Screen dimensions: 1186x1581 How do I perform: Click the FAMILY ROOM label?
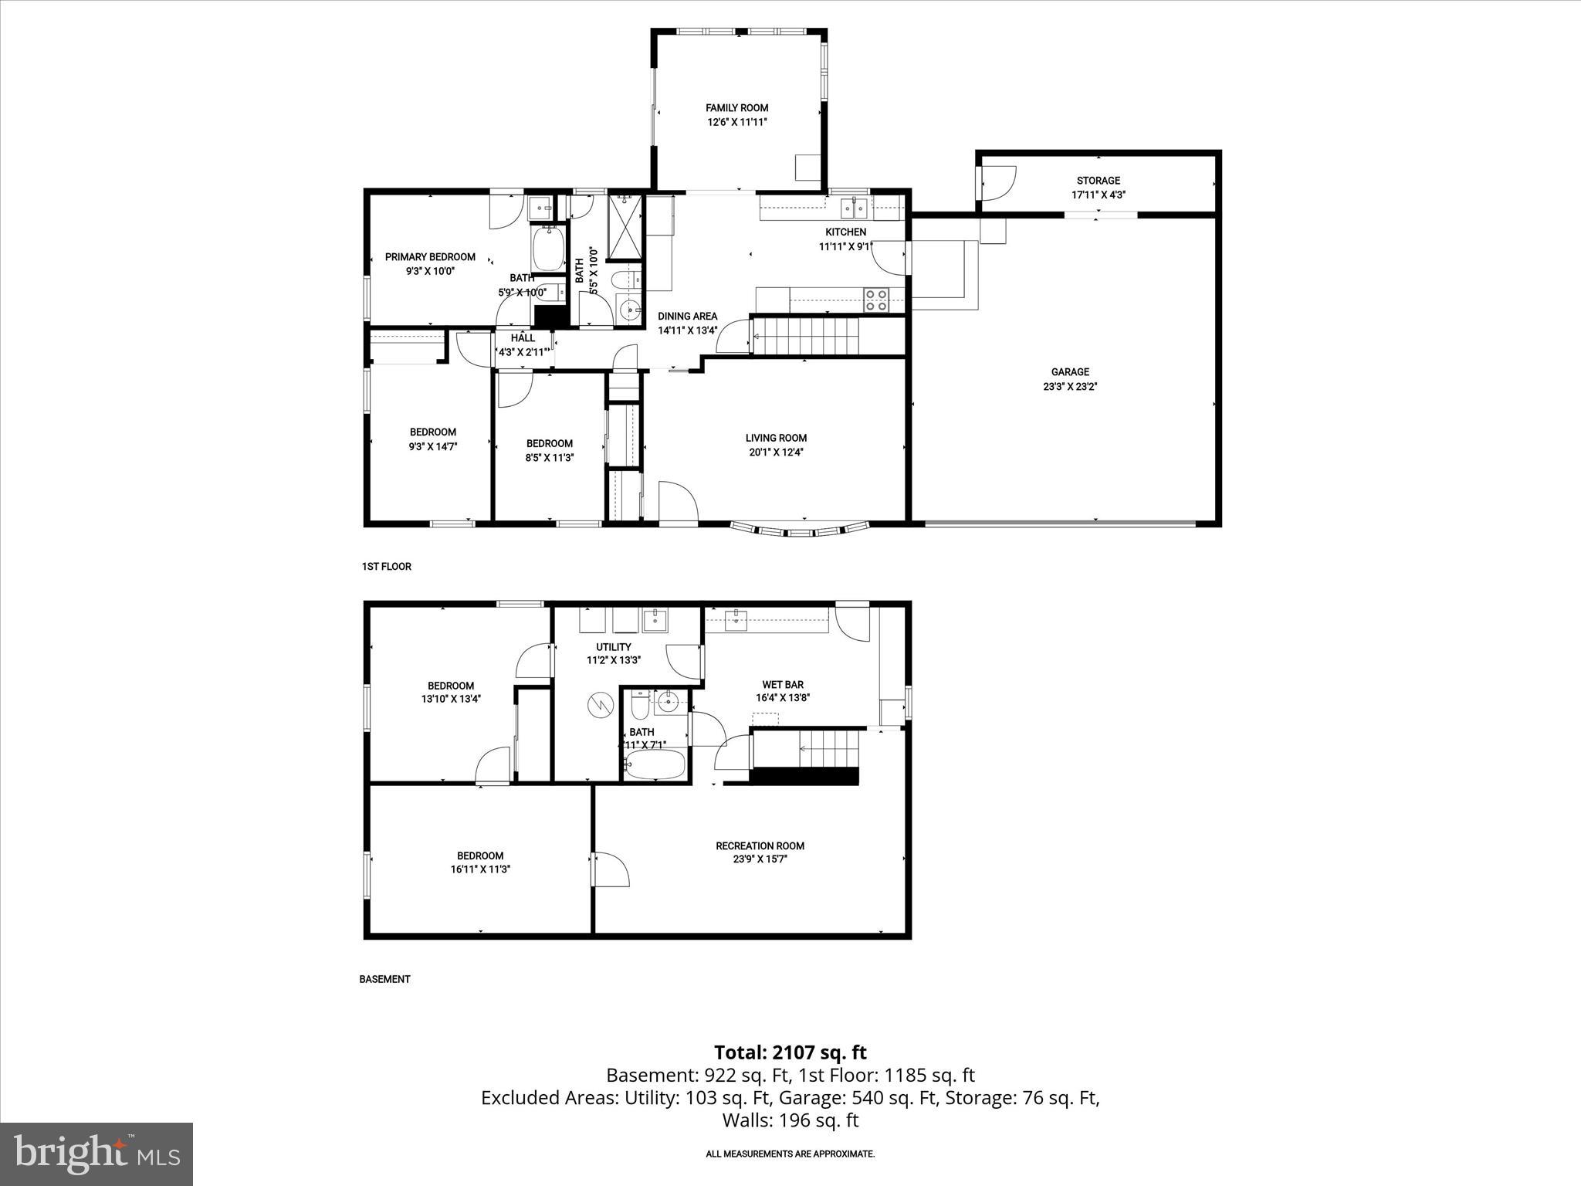click(x=736, y=108)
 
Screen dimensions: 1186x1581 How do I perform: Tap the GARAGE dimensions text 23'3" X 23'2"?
click(x=1070, y=386)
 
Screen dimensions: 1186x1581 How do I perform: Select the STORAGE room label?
click(x=1098, y=181)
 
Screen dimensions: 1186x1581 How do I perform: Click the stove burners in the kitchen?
click(x=877, y=300)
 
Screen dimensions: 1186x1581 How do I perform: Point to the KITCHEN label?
click(x=845, y=232)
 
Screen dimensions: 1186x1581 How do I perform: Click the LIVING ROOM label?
click(x=776, y=438)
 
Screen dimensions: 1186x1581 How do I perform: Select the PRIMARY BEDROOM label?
click(x=430, y=257)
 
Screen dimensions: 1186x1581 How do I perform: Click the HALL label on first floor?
click(x=523, y=338)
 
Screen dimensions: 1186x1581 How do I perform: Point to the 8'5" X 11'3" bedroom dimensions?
click(x=550, y=458)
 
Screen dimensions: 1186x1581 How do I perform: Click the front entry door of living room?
click(x=679, y=502)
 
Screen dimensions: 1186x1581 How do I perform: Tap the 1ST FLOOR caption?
click(x=386, y=567)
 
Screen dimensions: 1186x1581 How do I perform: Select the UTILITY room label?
click(x=614, y=647)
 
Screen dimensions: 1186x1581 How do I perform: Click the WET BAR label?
click(x=783, y=685)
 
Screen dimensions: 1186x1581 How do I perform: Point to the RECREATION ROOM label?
click(x=760, y=845)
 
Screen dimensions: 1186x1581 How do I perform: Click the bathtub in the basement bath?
click(x=655, y=767)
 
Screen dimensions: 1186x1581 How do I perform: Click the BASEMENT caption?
click(x=384, y=979)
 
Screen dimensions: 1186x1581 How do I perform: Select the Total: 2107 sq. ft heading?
click(x=790, y=1052)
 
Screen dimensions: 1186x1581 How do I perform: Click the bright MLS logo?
click(x=96, y=1154)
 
